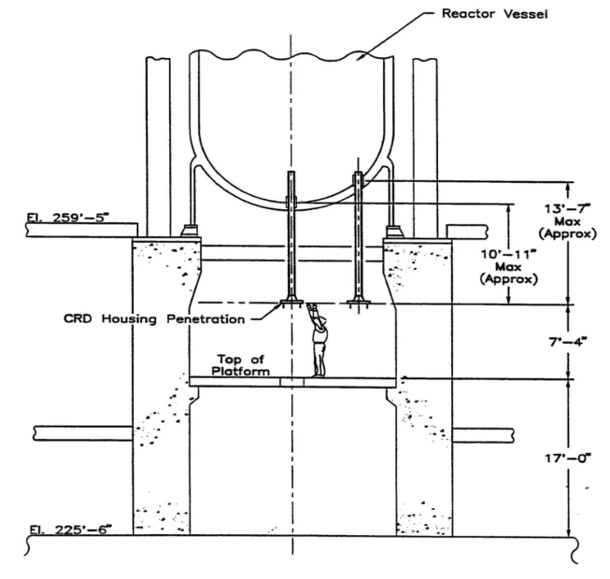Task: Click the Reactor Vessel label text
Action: (494, 14)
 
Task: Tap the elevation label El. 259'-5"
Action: (65, 218)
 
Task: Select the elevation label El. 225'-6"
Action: (70, 530)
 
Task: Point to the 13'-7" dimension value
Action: (567, 209)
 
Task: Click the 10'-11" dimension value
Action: (508, 255)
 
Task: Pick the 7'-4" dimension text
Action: (568, 342)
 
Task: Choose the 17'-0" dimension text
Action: (568, 459)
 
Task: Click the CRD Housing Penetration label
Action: (154, 319)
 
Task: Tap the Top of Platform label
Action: (240, 365)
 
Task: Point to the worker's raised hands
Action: (311, 306)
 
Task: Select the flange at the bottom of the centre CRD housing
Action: (291, 302)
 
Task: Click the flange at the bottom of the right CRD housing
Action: (359, 302)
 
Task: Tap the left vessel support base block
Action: (191, 231)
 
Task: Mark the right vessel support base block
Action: (393, 232)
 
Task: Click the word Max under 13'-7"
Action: (567, 221)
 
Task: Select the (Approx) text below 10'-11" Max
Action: (509, 279)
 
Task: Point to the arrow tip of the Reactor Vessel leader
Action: (358, 60)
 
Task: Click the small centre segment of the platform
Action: (291, 382)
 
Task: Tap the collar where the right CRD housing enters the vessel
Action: (359, 180)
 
